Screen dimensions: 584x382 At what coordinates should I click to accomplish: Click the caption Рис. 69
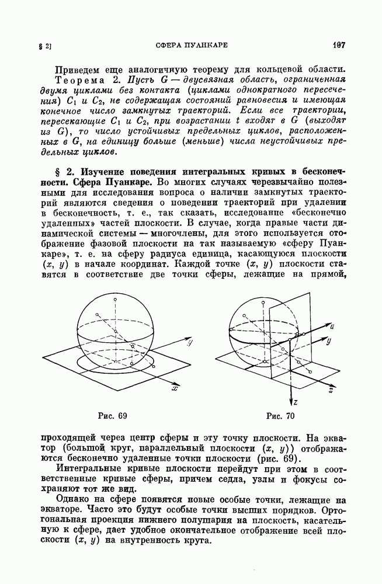[x=114, y=416]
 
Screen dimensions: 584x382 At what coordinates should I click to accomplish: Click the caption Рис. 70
[x=280, y=416]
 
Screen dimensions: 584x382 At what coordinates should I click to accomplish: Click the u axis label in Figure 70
[x=331, y=325]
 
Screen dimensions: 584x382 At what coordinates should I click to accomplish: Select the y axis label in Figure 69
[x=190, y=345]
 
